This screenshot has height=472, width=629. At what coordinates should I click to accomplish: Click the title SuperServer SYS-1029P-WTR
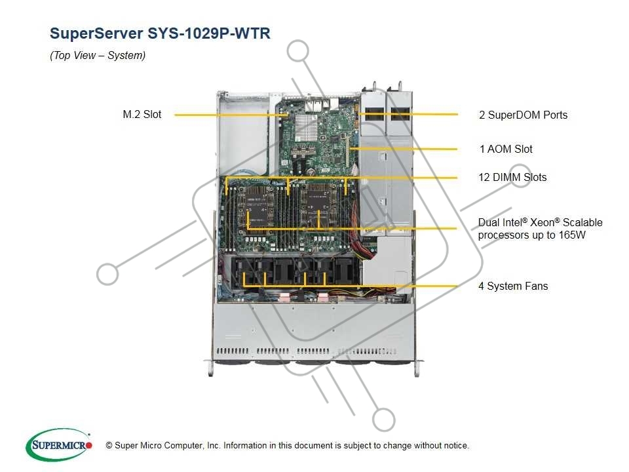click(x=159, y=34)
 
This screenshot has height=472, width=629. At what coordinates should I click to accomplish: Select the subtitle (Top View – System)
click(x=98, y=56)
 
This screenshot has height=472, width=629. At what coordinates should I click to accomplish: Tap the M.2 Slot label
click(x=142, y=115)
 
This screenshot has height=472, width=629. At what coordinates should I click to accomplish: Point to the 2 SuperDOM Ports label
click(x=523, y=115)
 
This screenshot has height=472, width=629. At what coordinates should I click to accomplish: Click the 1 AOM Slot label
click(x=505, y=149)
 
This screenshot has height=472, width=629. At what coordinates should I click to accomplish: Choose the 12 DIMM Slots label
click(x=512, y=178)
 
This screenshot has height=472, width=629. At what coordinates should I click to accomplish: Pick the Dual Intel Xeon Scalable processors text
click(x=540, y=229)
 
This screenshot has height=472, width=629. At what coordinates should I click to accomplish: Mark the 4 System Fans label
click(x=513, y=286)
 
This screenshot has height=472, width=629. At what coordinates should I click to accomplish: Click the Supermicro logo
click(x=58, y=444)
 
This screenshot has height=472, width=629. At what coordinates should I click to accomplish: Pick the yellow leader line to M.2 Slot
click(x=223, y=115)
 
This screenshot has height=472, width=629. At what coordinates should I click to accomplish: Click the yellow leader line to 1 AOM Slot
click(x=406, y=149)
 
